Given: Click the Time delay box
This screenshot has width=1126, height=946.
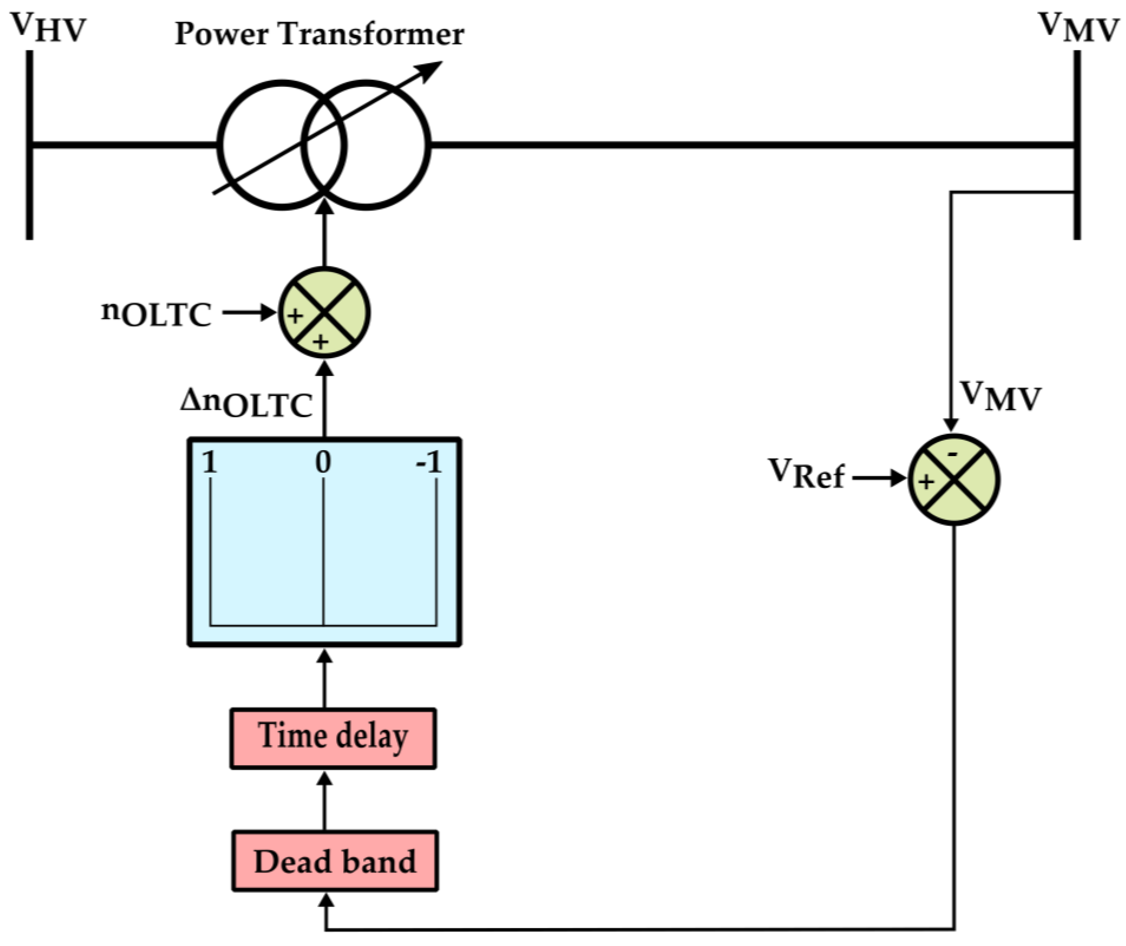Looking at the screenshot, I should [333, 738].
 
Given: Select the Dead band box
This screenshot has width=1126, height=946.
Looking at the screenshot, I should [335, 862].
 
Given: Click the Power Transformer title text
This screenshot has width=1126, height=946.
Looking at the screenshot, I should [319, 34].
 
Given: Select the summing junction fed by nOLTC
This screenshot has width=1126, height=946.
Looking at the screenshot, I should [324, 313].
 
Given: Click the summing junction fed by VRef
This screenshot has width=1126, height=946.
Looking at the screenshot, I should [953, 479].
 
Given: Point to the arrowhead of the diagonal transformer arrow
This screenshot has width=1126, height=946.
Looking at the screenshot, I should [432, 69].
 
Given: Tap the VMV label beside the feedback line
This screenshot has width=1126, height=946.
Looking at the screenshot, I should [1001, 398].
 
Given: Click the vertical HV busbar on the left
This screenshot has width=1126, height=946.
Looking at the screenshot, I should [30, 145].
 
